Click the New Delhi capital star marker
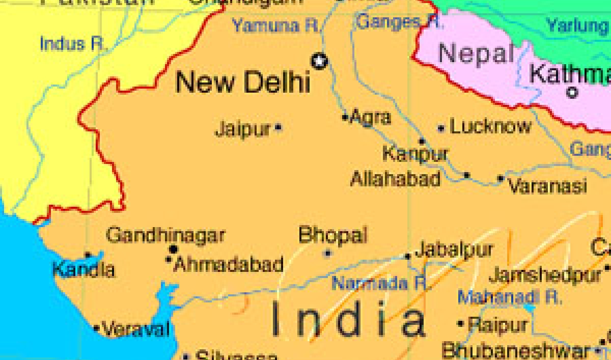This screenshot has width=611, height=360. click(320, 62)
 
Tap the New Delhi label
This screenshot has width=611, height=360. click(242, 81)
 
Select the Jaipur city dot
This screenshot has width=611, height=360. click(278, 127)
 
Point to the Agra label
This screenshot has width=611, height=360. click(371, 118)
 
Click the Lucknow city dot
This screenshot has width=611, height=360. click(441, 129)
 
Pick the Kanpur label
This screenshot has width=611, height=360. click(415, 153)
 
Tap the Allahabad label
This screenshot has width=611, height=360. click(395, 179)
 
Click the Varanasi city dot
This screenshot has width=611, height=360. click(501, 179)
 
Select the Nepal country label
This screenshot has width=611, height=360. click(476, 53)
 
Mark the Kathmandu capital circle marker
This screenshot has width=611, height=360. click(572, 93)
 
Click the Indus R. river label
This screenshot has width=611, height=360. click(72, 44)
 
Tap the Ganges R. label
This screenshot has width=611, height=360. click(399, 22)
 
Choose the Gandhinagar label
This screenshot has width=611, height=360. click(165, 235)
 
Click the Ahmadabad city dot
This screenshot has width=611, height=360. click(169, 260)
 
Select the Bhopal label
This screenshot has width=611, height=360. click(332, 235)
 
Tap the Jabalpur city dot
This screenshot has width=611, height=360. click(408, 256)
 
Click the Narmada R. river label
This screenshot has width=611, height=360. click(379, 283)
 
